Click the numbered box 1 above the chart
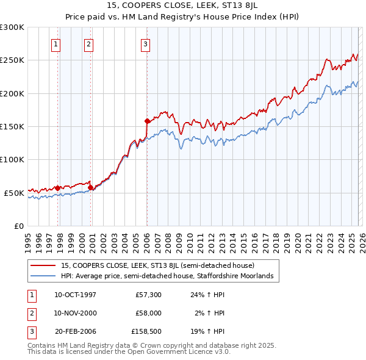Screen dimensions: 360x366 click(x=56, y=44)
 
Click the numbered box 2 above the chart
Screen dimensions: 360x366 click(x=88, y=44)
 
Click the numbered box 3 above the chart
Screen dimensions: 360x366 click(x=146, y=44)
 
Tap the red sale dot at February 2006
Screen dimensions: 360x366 click(x=147, y=121)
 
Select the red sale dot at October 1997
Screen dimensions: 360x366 click(x=58, y=188)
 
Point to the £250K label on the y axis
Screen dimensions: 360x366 click(x=12, y=60)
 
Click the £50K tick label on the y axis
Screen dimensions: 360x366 click(x=15, y=193)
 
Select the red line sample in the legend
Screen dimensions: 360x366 click(x=43, y=265)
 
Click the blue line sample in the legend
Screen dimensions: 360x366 click(x=43, y=276)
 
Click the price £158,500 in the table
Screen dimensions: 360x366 click(x=146, y=331)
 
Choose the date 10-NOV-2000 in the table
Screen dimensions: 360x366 click(x=75, y=313)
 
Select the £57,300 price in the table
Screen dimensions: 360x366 click(x=148, y=295)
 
